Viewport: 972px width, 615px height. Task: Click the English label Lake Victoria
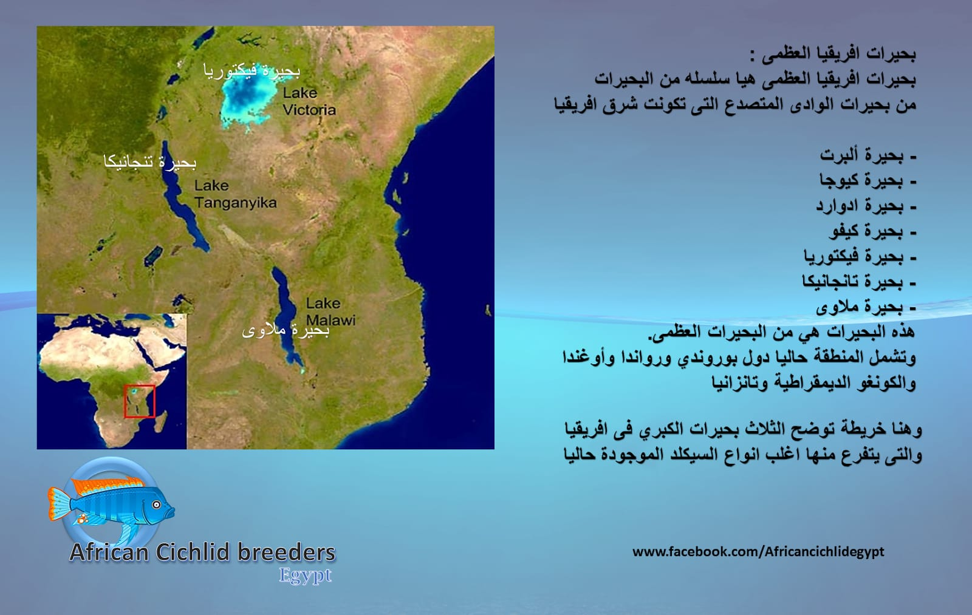pos(309,101)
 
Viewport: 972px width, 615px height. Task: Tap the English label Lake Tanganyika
pos(235,194)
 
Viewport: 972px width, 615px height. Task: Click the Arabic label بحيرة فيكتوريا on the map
pos(252,71)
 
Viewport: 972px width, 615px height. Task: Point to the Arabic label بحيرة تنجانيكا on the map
pos(149,162)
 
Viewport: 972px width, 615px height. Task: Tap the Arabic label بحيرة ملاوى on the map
pos(286,331)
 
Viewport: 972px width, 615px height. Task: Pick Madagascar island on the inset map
pos(160,421)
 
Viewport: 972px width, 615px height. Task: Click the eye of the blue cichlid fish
pos(156,505)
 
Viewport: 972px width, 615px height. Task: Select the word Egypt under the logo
pos(305,576)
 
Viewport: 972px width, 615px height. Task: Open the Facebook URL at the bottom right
pos(758,552)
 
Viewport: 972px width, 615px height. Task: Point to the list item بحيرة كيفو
pos(872,231)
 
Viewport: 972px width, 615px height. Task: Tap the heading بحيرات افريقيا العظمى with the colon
pos(833,54)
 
